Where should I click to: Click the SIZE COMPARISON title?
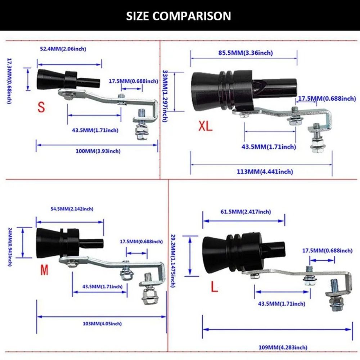(179, 16)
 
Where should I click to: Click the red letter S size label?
(41, 107)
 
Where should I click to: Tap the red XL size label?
(206, 126)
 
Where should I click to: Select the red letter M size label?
(44, 270)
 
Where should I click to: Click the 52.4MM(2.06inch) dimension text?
(63, 49)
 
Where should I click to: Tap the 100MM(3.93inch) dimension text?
(98, 151)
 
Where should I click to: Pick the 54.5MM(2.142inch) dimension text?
(72, 209)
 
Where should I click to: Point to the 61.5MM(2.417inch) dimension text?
(246, 212)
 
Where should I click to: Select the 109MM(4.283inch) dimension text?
(278, 347)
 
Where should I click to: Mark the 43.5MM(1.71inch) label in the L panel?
(282, 304)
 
